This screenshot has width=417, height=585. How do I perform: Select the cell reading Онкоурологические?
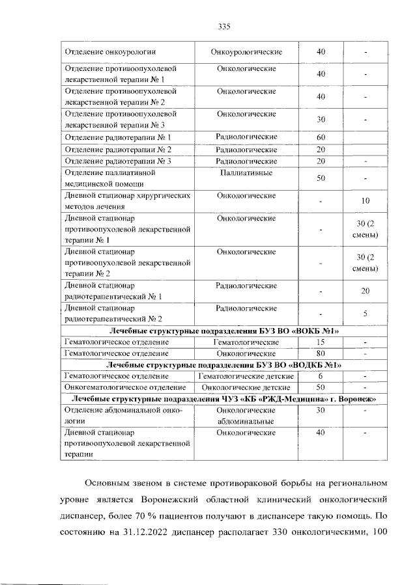click(246, 51)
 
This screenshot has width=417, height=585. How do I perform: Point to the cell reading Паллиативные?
click(246, 173)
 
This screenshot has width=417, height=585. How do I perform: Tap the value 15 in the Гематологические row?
click(321, 342)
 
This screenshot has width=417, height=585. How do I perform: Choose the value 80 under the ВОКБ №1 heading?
click(321, 353)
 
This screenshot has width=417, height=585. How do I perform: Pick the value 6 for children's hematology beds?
click(321, 376)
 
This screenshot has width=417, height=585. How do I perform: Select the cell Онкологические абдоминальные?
click(246, 416)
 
